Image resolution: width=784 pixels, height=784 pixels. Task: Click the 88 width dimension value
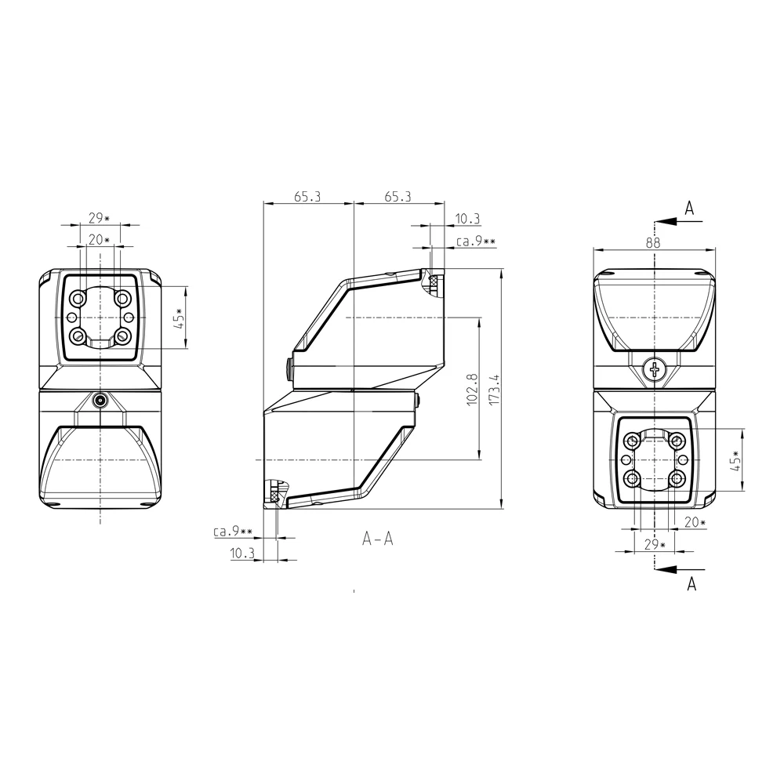coord(653,242)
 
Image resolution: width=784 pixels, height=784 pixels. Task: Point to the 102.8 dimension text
coord(472,390)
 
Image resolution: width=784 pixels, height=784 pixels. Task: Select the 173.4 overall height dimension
coord(495,390)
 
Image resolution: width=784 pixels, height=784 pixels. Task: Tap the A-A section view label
coord(378,539)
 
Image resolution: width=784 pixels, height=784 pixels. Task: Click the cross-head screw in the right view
coord(655,371)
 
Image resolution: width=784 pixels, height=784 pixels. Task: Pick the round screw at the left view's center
coord(101,400)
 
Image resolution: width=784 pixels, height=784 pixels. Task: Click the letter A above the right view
coord(689,208)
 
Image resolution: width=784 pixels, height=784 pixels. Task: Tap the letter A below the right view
coord(691,583)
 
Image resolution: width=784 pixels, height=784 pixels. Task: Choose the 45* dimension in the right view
coord(735,460)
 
